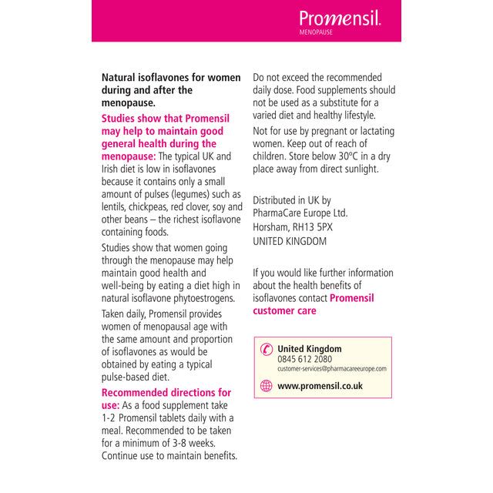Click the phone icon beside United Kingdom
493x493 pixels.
[x=267, y=350]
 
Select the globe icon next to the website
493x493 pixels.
[x=267, y=386]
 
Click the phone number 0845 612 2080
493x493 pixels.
[x=304, y=359]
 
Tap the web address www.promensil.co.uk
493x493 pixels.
[x=320, y=386]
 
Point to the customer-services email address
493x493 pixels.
[x=332, y=368]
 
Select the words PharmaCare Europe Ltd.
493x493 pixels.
[x=301, y=213]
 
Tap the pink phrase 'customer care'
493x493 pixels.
[x=284, y=310]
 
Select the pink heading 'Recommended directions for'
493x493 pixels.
[x=166, y=392]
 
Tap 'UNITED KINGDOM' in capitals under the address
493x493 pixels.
[x=290, y=240]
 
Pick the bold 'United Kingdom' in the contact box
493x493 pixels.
[x=309, y=348]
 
